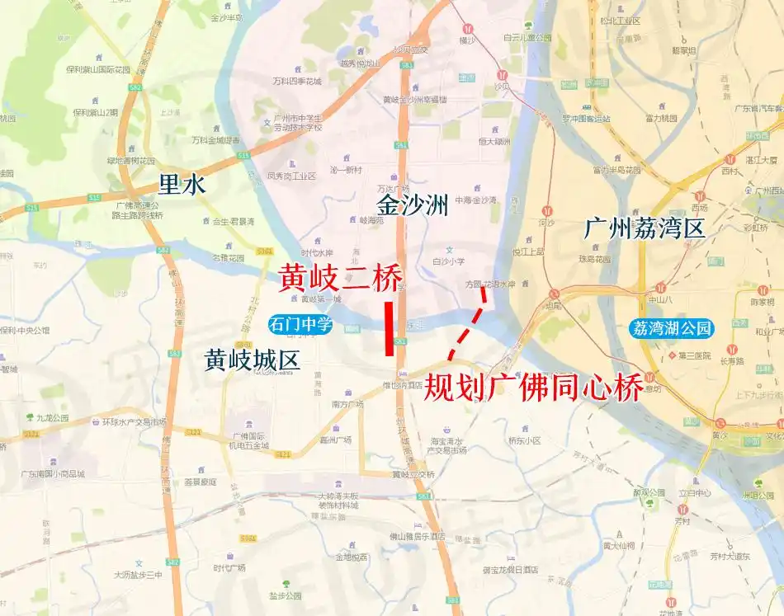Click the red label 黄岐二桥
coord(340,277)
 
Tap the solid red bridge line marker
coord(389,329)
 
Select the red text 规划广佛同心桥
coord(533,387)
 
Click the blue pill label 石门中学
coord(299,326)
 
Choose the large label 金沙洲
coord(413,205)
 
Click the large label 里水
coord(182,185)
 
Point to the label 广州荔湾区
coord(645,228)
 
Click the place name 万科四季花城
coord(296,82)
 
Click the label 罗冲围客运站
coord(586,119)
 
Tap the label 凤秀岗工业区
coord(292,176)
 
